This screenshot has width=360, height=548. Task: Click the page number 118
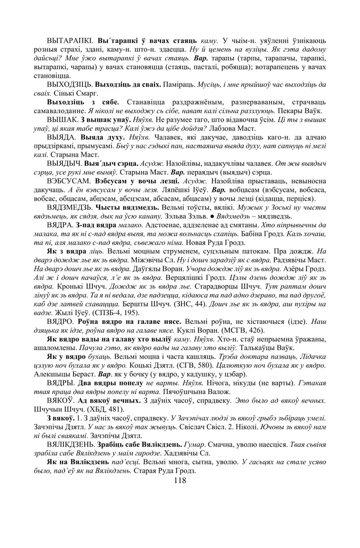point(180,480)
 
